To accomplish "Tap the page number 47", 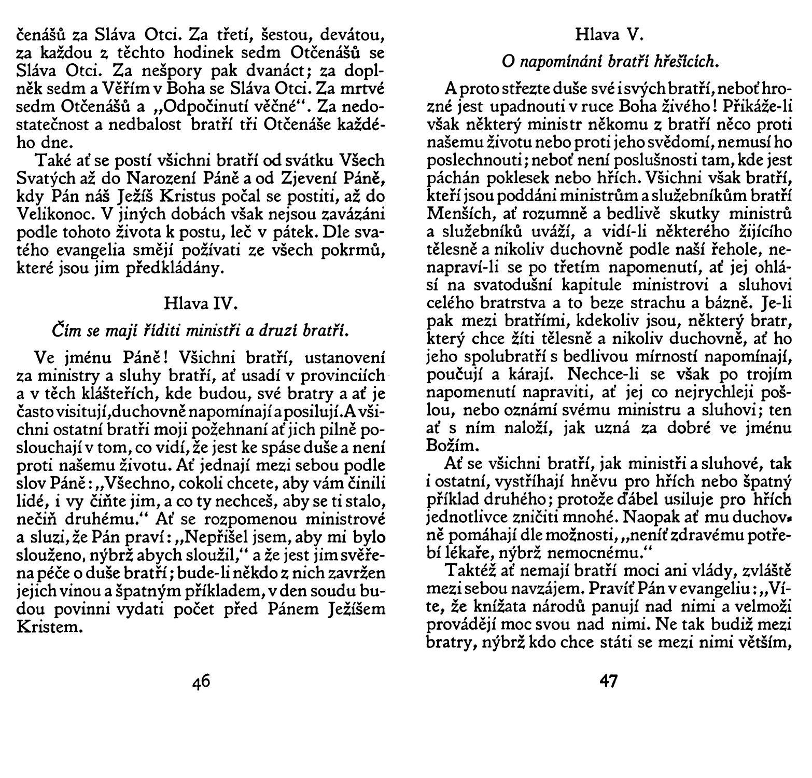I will [609, 680].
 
